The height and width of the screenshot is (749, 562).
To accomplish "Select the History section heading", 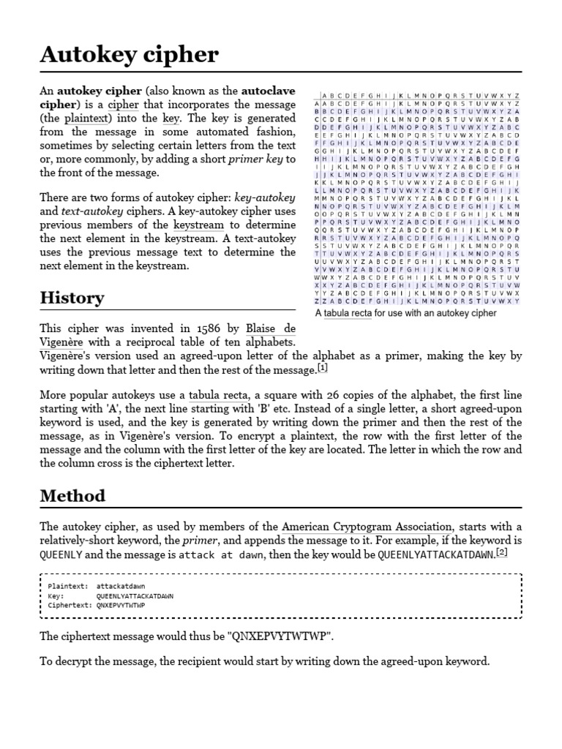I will tap(71, 298).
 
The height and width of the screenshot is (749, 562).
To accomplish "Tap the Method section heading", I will tap(72, 495).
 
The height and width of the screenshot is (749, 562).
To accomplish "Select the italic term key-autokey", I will tap(270, 198).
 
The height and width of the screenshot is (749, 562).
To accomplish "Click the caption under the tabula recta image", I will tap(405, 313).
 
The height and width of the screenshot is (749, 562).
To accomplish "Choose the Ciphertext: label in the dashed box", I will tap(67, 606).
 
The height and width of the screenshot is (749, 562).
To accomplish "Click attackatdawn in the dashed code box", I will tap(120, 586).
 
